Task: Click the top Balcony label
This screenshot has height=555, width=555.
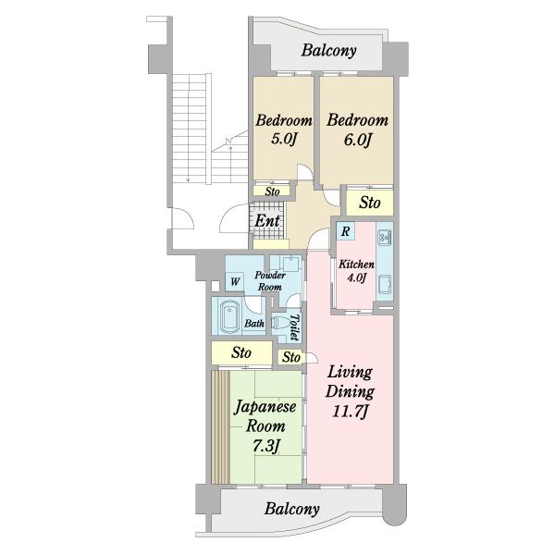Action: [x=328, y=51]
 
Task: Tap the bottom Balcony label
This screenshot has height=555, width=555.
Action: [x=291, y=509]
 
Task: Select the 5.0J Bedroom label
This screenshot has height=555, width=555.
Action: [x=284, y=129]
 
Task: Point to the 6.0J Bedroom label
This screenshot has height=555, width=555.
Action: [x=357, y=129]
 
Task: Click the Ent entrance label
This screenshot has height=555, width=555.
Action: [x=267, y=221]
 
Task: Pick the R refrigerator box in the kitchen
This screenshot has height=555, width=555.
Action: [x=345, y=231]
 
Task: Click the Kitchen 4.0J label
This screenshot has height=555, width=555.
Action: [x=356, y=271]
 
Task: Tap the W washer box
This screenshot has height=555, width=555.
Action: [x=235, y=282]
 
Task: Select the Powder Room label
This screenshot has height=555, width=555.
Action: [x=270, y=281]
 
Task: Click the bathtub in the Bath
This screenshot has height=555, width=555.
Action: [x=230, y=317]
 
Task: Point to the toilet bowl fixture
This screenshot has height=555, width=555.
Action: [x=279, y=323]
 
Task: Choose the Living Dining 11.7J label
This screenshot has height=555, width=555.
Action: [x=350, y=391]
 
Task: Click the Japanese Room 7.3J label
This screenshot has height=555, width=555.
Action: [x=265, y=425]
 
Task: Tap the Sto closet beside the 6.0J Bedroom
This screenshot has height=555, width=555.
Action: [x=370, y=203]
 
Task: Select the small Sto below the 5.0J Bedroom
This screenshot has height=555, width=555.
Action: [x=272, y=191]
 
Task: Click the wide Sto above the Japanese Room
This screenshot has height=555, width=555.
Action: [x=241, y=352]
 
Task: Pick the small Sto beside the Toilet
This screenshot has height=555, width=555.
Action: [x=291, y=357]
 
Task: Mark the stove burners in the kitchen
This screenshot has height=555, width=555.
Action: [x=384, y=238]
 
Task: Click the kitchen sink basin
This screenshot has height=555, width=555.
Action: [x=385, y=285]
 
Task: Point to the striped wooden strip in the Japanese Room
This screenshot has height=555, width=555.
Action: [x=221, y=426]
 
